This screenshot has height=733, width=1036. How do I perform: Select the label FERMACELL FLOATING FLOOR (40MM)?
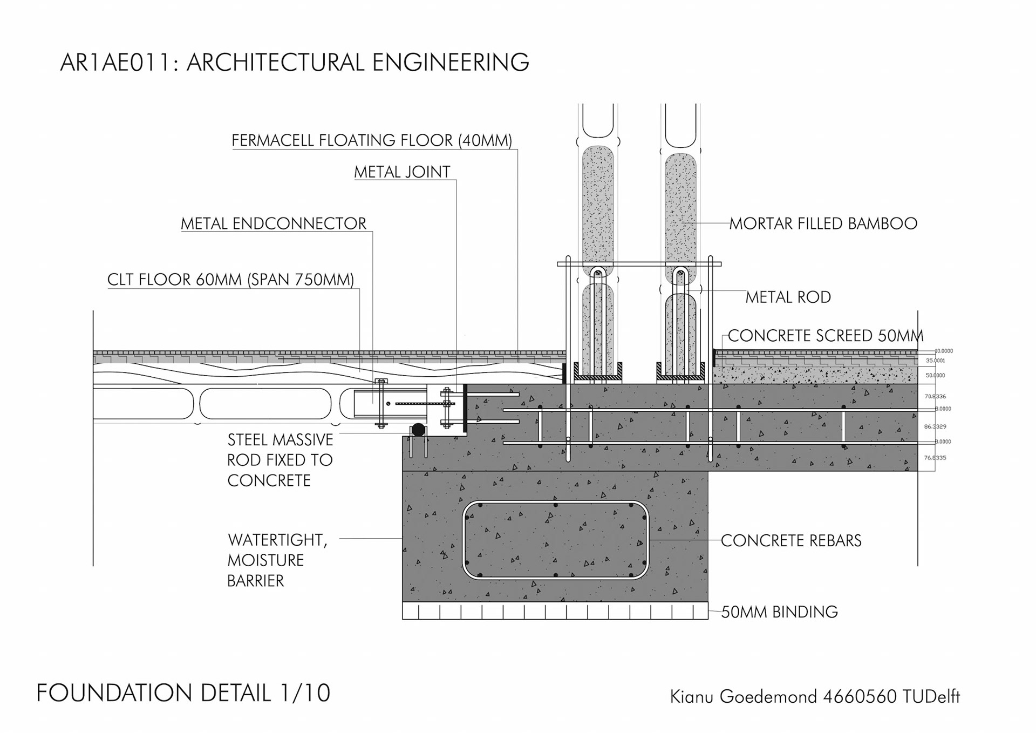[x=372, y=140]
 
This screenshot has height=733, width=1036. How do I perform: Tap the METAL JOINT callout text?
[x=402, y=172]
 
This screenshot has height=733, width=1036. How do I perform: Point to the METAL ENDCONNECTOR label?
[x=274, y=223]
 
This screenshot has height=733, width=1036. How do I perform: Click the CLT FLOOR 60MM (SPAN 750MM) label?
[x=230, y=280]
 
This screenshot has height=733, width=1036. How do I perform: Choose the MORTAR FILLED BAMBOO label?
[x=823, y=223]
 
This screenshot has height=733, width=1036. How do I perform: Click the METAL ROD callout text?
[x=788, y=297]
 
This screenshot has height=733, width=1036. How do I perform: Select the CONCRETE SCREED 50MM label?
[x=826, y=336]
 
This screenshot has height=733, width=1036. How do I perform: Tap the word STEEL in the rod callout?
[x=249, y=440]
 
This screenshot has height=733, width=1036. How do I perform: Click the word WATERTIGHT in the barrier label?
[x=276, y=540]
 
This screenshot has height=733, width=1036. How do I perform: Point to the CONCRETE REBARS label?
[x=791, y=540]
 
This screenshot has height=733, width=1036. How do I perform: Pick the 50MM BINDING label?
[x=779, y=612]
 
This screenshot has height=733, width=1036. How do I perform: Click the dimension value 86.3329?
[x=935, y=426]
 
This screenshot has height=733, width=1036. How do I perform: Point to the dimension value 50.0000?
[x=935, y=375]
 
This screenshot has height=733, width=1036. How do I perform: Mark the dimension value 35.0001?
[x=935, y=361]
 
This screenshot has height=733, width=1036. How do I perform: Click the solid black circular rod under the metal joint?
[x=418, y=430]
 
